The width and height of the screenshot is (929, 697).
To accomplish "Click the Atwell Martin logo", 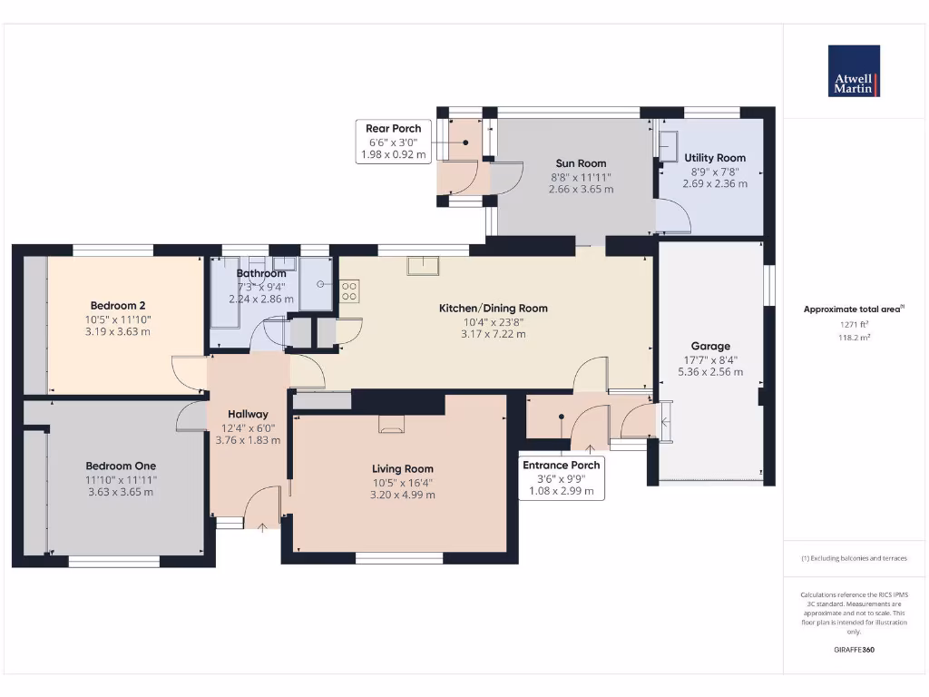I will pyautogui.click(x=853, y=71).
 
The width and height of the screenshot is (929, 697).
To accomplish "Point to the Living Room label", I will pyautogui.click(x=403, y=468).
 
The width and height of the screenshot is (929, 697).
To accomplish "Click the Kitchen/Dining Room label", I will pyautogui.click(x=494, y=309).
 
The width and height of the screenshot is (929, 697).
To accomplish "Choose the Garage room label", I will pyautogui.click(x=710, y=346).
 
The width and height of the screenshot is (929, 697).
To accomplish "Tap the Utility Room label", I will pyautogui.click(x=715, y=158).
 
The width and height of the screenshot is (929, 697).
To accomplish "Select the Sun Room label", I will pyautogui.click(x=581, y=163).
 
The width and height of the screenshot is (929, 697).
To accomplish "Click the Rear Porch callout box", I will pyautogui.click(x=394, y=142).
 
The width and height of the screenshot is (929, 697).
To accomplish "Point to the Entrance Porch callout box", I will pyautogui.click(x=561, y=478).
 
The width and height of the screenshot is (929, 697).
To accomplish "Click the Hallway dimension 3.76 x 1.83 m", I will pyautogui.click(x=248, y=440).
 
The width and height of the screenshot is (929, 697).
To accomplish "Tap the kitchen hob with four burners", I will pyautogui.click(x=349, y=290).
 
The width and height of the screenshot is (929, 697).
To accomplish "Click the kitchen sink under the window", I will pyautogui.click(x=422, y=265).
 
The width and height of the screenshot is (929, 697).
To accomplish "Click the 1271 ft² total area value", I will pyautogui.click(x=853, y=323).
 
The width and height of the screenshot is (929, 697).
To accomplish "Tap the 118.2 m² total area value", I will pyautogui.click(x=853, y=337).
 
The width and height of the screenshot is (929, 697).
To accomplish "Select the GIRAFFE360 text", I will pyautogui.click(x=853, y=650).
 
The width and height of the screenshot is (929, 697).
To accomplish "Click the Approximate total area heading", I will pyautogui.click(x=853, y=309).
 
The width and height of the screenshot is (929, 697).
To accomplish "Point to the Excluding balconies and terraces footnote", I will pyautogui.click(x=853, y=558).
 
